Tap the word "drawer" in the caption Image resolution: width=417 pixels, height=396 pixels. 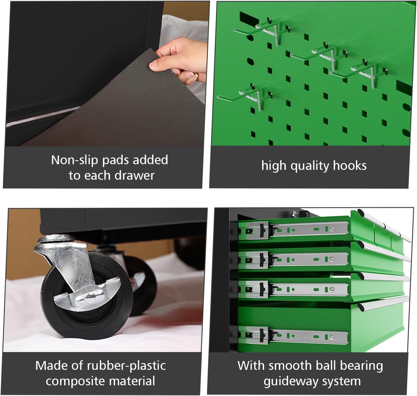135,175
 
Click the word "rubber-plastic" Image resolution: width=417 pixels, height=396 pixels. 126,366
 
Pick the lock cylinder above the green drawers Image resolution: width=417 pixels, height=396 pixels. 295,214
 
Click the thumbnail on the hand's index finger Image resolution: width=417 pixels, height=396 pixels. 153,65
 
